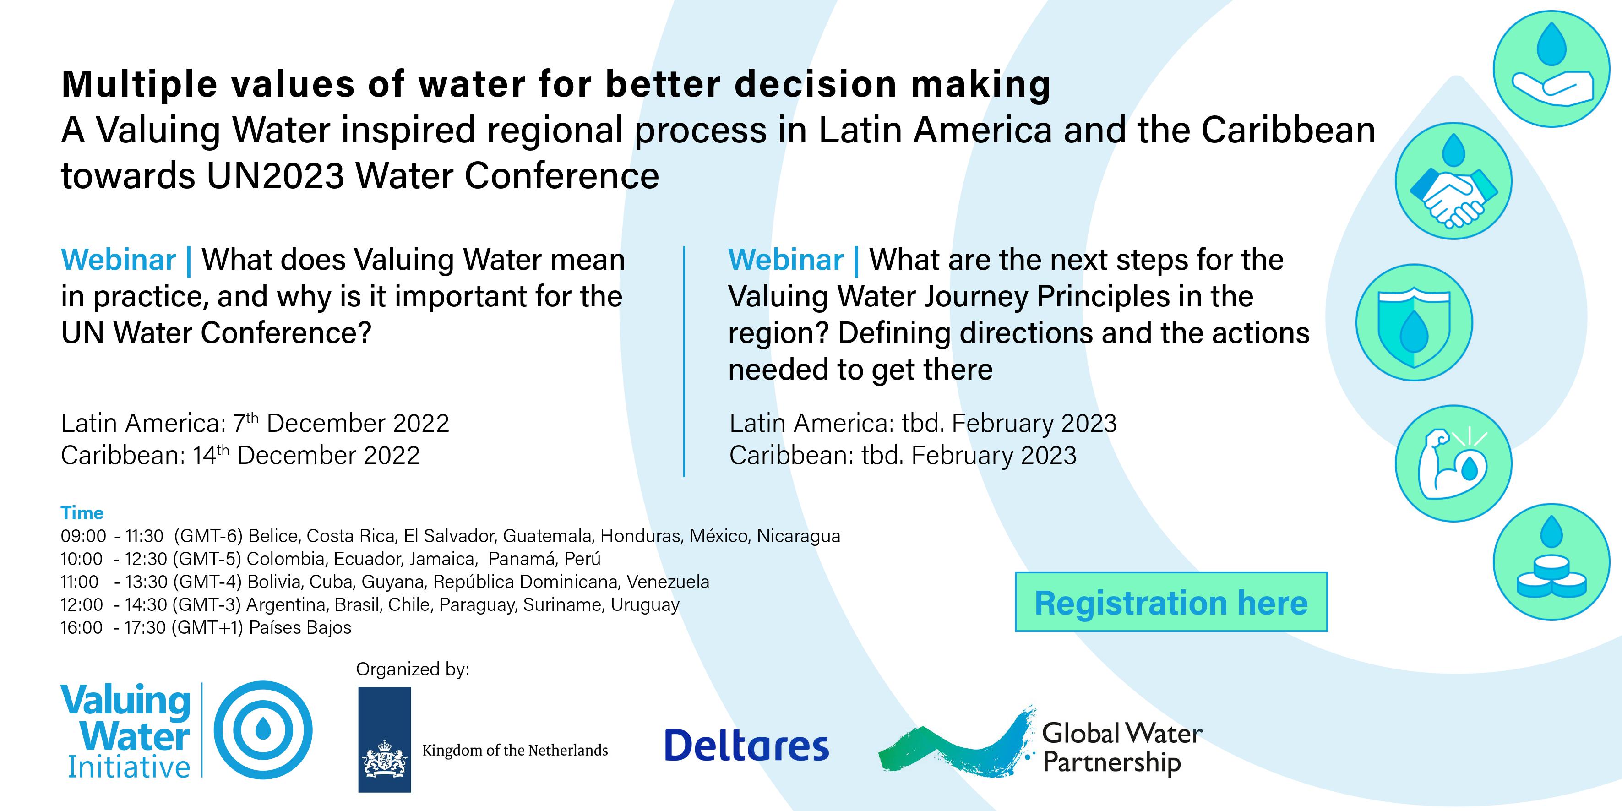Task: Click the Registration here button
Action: point(1171,602)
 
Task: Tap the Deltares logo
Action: point(747,745)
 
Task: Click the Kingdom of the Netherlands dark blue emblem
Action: point(384,739)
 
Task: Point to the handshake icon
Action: point(1453,181)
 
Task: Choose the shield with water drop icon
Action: point(1414,322)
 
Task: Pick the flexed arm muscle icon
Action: point(1453,463)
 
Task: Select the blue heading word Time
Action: point(82,513)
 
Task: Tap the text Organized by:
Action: point(413,669)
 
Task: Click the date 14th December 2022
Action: point(306,455)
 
